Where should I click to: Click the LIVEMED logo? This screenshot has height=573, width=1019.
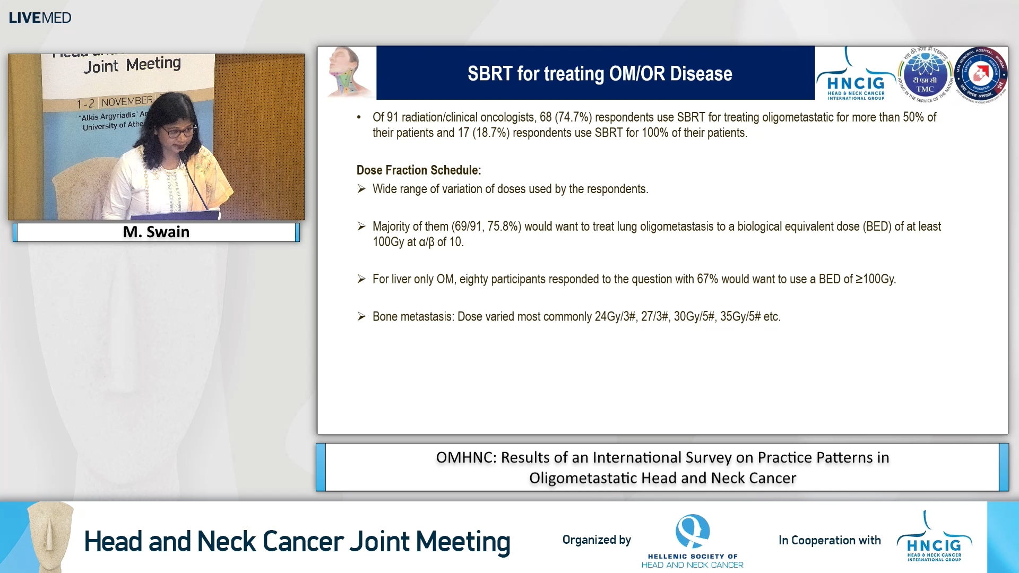[x=40, y=18]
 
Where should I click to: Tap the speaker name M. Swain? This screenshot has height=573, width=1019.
[x=156, y=232]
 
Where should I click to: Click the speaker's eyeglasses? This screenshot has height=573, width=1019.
[x=178, y=131]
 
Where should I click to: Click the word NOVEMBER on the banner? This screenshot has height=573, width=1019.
[x=127, y=101]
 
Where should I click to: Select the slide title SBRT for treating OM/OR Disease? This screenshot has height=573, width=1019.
[x=600, y=73]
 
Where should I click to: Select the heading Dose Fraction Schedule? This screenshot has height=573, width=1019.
[x=418, y=170]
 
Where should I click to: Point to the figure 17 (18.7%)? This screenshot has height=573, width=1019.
[x=483, y=133]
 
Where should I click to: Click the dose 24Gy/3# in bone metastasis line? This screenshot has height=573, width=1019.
[x=615, y=317]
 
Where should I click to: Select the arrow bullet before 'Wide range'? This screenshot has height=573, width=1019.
[x=361, y=189]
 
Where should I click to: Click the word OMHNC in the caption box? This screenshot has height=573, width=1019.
[x=465, y=457]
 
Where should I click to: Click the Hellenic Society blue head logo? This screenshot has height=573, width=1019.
[x=692, y=531]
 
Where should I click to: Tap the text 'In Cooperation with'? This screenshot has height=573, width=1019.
[x=829, y=540]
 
